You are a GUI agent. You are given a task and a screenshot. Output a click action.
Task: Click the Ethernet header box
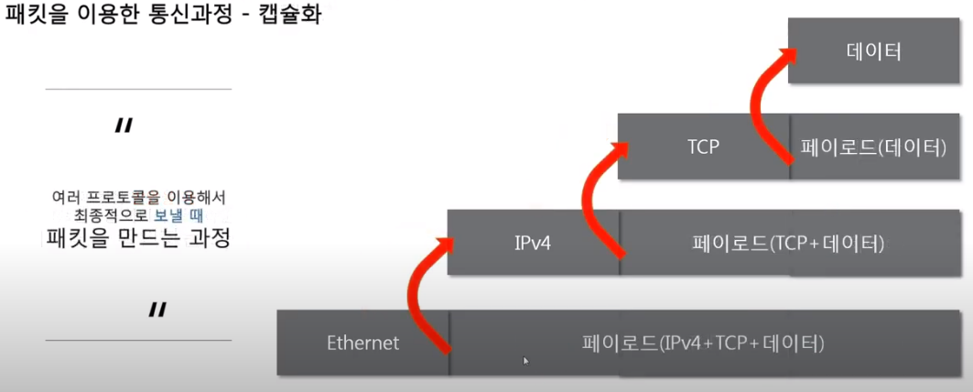point(363,343)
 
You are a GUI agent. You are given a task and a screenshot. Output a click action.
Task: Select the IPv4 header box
point(533,243)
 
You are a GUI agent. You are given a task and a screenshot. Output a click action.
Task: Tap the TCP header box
point(703,146)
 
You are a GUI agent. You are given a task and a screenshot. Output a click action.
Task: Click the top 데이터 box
point(873,50)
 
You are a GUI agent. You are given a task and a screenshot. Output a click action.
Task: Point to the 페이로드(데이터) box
point(872,146)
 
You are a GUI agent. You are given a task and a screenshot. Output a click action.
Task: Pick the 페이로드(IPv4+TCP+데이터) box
point(703,343)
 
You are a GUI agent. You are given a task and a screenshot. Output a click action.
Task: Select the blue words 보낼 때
point(178,216)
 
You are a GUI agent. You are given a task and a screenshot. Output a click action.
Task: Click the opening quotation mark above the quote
point(124,125)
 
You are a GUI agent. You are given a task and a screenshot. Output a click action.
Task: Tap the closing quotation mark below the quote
point(157,310)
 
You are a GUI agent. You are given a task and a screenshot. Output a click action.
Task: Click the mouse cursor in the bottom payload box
point(525,361)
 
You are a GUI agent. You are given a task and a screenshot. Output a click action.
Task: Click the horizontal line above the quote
point(138,90)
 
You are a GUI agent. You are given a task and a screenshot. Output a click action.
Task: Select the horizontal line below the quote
point(138,340)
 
